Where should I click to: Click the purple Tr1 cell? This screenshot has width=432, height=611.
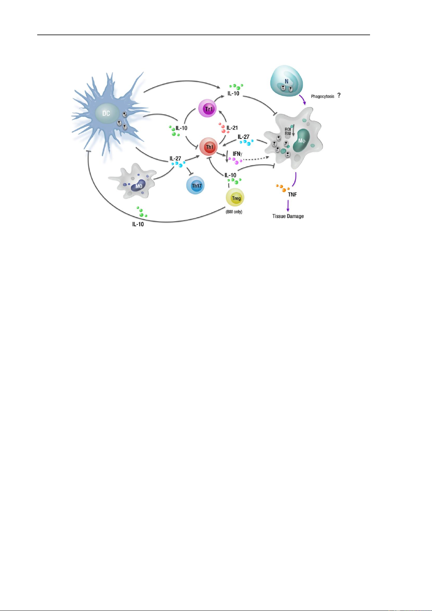pos(209,109)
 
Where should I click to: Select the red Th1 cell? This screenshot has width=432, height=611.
pos(209,147)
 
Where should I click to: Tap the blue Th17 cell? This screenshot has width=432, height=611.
pos(196,186)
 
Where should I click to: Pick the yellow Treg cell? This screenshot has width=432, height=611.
pos(236,198)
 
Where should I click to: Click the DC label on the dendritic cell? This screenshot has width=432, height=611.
pos(106,113)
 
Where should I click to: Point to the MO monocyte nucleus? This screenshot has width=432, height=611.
pos(138,186)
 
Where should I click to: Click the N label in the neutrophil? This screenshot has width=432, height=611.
pos(286,82)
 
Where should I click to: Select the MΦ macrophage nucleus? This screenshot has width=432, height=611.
pos(302,141)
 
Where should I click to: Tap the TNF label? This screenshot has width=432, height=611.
pos(292,195)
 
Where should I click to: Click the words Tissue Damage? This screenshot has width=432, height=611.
pos(288,216)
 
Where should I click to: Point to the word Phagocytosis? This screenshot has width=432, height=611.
pos(323,96)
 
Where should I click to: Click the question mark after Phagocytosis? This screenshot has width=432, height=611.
pos(339,95)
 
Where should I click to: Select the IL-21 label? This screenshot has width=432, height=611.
pos(232,128)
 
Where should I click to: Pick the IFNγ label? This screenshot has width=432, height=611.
pos(237,154)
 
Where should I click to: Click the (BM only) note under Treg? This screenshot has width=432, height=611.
pos(234,212)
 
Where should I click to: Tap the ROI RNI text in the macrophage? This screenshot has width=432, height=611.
pos(288,131)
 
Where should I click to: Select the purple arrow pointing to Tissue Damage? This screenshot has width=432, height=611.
pos(288,206)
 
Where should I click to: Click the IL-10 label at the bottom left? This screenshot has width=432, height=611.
pos(138,224)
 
